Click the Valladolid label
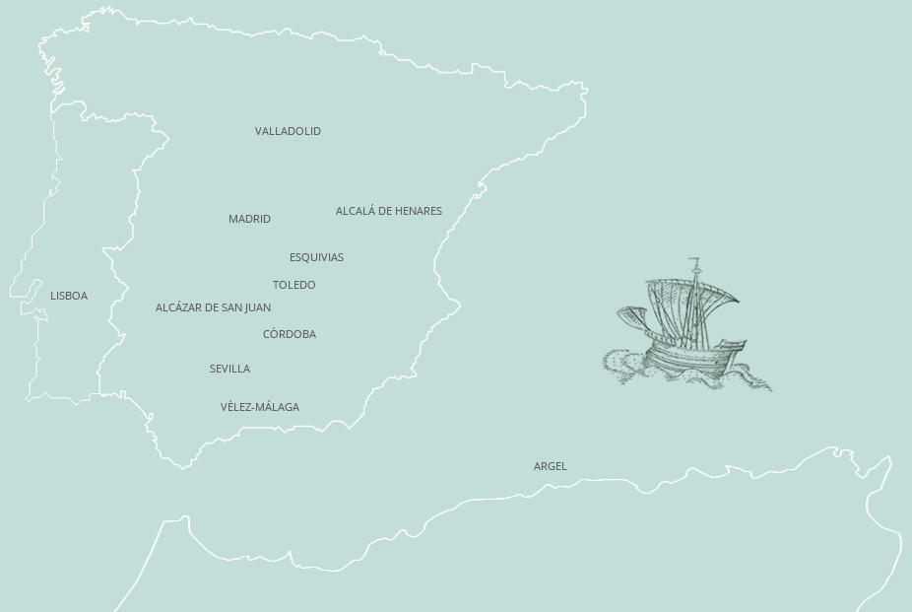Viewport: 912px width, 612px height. coord(288,131)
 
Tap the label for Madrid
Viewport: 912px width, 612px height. coord(249,219)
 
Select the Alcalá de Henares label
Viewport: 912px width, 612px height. coord(388,211)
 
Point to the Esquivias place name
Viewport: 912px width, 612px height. coord(316,257)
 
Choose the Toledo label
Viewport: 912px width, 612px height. coord(293,285)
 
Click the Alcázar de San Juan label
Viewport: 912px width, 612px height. coord(213,307)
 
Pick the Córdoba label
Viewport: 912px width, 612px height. coord(289,334)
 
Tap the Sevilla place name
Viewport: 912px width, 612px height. coord(229,369)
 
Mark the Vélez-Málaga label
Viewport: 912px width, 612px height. coord(259,407)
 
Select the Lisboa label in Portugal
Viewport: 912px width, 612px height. coord(69,296)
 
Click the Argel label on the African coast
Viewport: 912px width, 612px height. coord(550,466)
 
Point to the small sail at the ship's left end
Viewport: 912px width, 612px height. coord(631,318)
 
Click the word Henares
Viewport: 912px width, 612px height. coord(419,211)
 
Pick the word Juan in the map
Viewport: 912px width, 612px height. coord(258,307)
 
